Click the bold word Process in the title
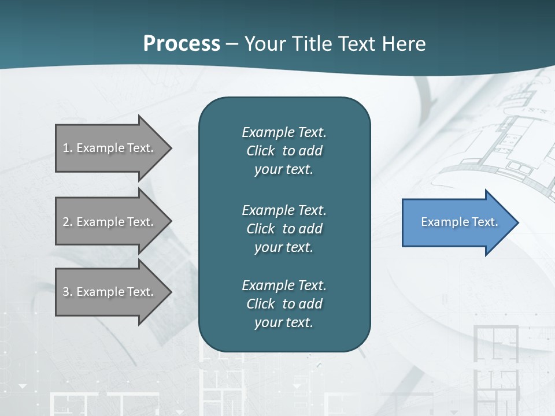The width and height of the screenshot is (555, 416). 182,44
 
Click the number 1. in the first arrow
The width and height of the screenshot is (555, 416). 67,148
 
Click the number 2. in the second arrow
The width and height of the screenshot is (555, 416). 67,222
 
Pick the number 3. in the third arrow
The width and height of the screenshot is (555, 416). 67,292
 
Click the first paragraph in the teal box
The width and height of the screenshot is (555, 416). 284,151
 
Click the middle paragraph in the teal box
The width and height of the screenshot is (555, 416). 284,228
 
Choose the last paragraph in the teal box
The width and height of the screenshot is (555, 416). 284,304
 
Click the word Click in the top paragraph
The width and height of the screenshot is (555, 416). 260,151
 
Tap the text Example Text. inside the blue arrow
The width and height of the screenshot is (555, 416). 459,222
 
